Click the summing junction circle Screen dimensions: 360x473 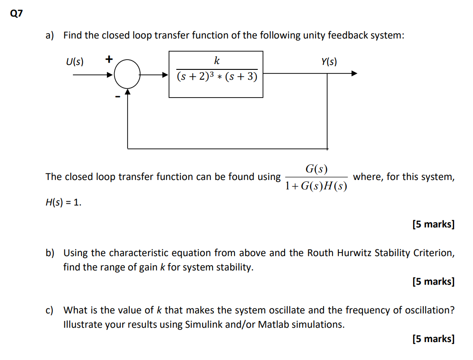coord(128,75)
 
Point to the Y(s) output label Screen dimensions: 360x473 coord(329,61)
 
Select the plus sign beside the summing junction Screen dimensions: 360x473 coord(109,58)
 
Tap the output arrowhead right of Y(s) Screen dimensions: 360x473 coord(354,74)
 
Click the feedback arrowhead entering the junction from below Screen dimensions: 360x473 coord(128,92)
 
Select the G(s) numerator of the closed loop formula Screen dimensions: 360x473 coord(316,169)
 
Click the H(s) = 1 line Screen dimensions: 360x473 coord(64,202)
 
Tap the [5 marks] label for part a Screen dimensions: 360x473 coord(433,224)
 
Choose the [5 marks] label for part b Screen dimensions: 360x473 coord(433,282)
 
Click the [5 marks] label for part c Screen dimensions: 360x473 coord(433,339)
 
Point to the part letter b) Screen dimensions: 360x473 coord(50,253)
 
